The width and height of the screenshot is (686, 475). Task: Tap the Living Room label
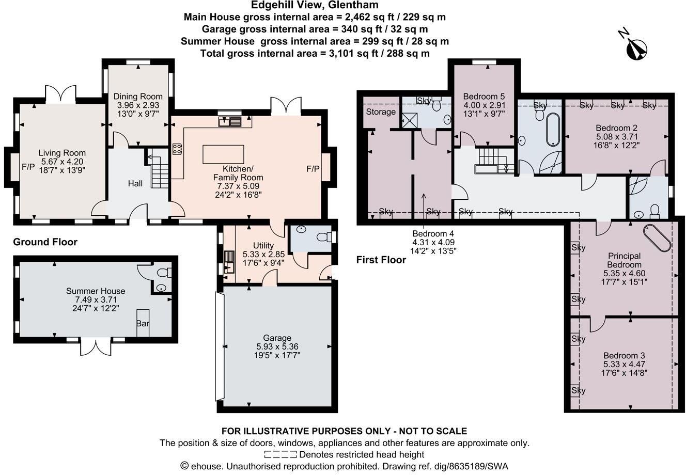62,153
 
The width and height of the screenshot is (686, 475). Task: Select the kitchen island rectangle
223,154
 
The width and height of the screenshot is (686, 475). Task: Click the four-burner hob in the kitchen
177,149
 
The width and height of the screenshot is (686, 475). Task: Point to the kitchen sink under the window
230,121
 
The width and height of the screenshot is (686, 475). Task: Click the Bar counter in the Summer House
143,323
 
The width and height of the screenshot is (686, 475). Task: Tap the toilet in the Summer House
164,273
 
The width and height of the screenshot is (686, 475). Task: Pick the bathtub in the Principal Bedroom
657,238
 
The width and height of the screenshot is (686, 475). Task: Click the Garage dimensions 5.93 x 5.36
277,346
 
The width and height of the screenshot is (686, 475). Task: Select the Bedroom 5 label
484,97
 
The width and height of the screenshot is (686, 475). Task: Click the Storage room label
381,112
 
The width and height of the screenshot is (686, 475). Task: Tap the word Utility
263,245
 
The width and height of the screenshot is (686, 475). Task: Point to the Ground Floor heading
45,242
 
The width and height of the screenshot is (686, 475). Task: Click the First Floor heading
381,260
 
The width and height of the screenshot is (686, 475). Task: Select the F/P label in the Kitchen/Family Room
313,169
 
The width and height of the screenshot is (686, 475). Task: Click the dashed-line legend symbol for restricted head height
280,454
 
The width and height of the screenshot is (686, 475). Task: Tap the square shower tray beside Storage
410,120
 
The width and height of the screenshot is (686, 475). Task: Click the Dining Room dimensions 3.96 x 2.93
138,105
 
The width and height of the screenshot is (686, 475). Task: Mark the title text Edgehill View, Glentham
315,5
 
